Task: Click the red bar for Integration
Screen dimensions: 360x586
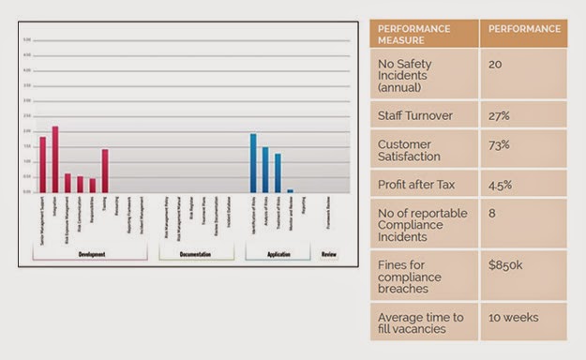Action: pyautogui.click(x=54, y=159)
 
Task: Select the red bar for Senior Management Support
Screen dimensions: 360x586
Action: pyautogui.click(x=42, y=165)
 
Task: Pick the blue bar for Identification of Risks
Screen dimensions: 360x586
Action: pyautogui.click(x=252, y=163)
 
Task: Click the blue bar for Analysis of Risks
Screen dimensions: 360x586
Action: pyautogui.click(x=264, y=170)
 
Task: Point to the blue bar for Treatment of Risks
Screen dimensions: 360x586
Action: pyautogui.click(x=278, y=173)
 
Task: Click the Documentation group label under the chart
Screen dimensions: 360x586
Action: pyautogui.click(x=195, y=254)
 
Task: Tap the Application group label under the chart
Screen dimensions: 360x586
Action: pyautogui.click(x=278, y=254)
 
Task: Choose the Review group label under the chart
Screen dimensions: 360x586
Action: pyautogui.click(x=328, y=254)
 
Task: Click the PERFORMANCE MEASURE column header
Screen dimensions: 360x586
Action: pyautogui.click(x=423, y=34)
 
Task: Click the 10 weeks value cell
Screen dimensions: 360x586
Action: pyautogui.click(x=513, y=317)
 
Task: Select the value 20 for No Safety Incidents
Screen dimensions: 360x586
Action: pyautogui.click(x=496, y=64)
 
